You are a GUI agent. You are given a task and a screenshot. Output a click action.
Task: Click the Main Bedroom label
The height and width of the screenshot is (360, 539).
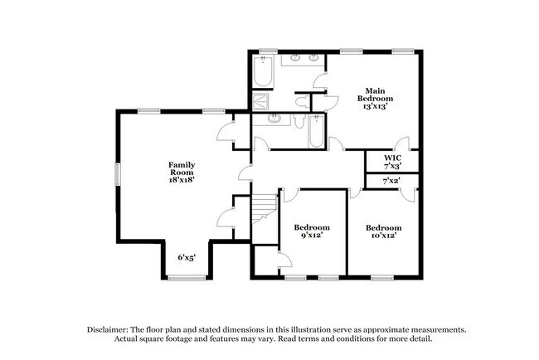pyautogui.click(x=374, y=99)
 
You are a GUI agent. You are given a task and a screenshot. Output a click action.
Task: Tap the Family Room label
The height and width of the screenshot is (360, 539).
pyautogui.click(x=182, y=171)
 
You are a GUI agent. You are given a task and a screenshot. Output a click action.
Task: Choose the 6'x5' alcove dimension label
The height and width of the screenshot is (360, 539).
pyautogui.click(x=186, y=257)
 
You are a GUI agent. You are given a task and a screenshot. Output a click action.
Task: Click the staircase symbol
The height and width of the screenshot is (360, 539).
pyautogui.click(x=263, y=206)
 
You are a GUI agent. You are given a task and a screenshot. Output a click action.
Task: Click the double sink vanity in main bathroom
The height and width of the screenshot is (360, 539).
pyautogui.click(x=304, y=60)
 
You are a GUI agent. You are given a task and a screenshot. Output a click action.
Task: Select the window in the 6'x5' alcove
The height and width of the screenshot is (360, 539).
pyautogui.click(x=187, y=278)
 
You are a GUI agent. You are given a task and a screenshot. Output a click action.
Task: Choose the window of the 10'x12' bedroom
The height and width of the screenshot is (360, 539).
pyautogui.click(x=383, y=276)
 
